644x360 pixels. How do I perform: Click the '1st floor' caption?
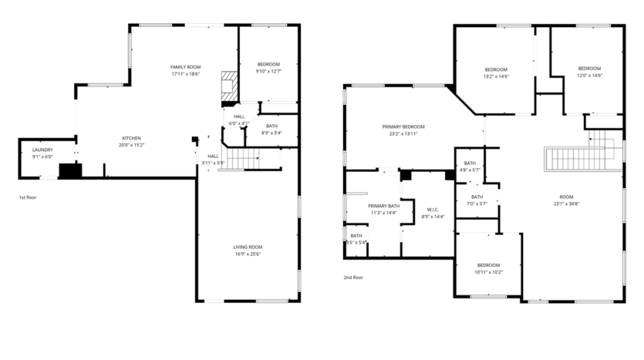click(x=28, y=198)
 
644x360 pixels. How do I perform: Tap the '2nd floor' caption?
click(x=353, y=278)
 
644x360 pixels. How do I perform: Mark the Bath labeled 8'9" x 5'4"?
click(x=271, y=129)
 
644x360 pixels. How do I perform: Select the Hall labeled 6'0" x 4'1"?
click(x=239, y=119)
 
